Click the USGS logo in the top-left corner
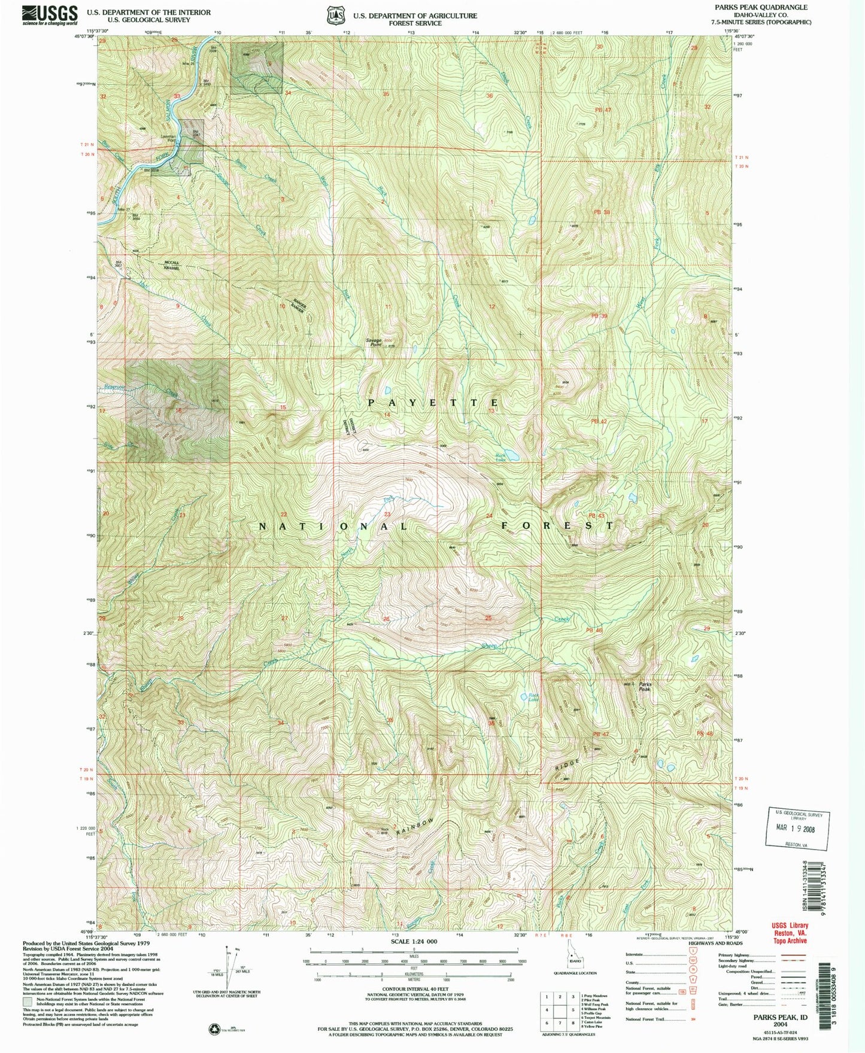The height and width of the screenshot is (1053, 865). [50, 14]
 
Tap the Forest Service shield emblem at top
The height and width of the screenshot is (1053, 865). [335, 16]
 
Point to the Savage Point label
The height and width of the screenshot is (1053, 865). [375, 343]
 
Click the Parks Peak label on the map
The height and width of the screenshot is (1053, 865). [645, 687]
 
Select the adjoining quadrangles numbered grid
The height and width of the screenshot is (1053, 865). [559, 1014]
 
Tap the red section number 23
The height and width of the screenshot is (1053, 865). [387, 515]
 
